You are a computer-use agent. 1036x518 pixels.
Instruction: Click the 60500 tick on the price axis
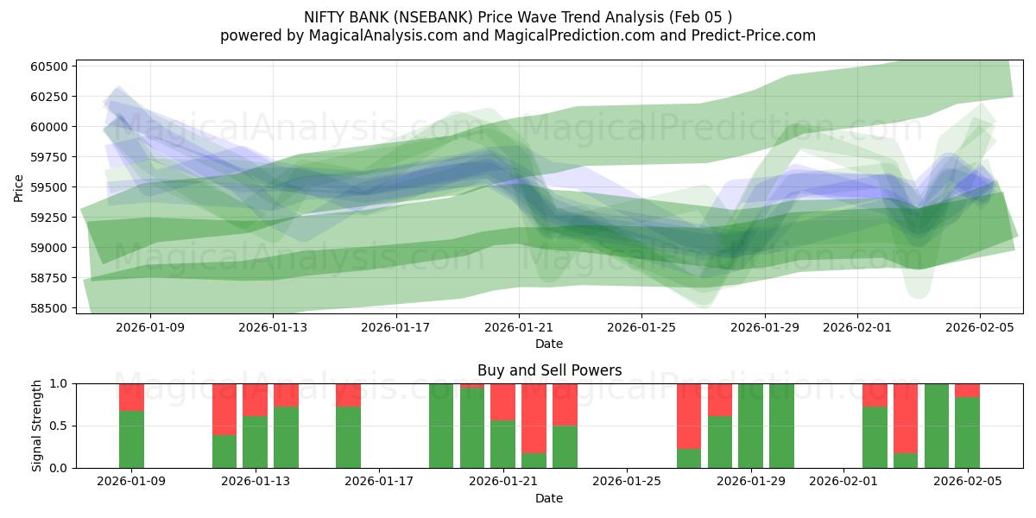51,66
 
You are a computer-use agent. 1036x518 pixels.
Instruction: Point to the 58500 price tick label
51,308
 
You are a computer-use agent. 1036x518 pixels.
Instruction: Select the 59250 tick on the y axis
51,218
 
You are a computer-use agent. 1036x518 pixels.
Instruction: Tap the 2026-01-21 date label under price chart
519,327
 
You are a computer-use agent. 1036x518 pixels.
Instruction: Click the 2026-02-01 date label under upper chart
857,327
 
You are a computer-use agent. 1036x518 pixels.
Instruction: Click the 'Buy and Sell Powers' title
549,370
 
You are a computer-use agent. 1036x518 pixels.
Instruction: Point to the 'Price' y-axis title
19,186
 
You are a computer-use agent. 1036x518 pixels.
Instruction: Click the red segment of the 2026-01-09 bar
131,396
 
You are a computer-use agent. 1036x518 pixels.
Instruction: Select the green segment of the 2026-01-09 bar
131,439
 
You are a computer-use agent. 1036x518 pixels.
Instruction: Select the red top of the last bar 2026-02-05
967,390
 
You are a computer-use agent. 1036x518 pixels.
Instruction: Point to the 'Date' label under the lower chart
549,498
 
